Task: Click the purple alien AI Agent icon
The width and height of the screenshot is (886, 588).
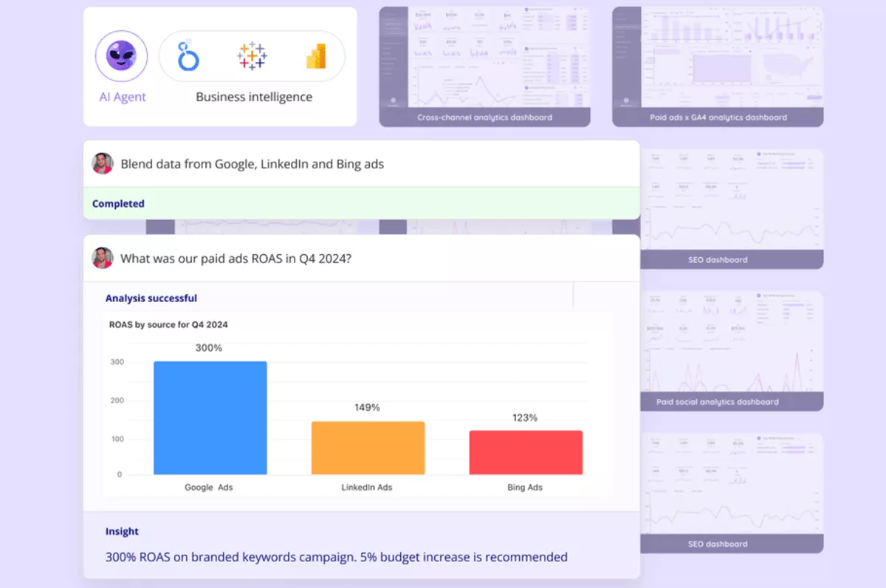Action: (x=121, y=56)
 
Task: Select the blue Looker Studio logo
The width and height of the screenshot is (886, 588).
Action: (x=189, y=56)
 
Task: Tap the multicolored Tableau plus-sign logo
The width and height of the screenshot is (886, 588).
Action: (x=252, y=56)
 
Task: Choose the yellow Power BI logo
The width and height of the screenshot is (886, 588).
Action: (x=315, y=56)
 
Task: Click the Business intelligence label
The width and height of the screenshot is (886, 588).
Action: (x=253, y=97)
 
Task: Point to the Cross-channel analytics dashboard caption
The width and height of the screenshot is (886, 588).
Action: (x=484, y=117)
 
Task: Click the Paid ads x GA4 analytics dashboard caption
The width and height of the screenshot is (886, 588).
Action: (x=718, y=117)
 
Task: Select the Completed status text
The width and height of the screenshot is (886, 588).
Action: (x=118, y=203)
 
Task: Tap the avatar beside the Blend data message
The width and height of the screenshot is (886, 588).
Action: (x=103, y=163)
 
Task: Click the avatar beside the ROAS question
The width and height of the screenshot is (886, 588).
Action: (x=103, y=258)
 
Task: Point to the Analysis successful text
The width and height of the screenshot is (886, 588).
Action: (x=151, y=298)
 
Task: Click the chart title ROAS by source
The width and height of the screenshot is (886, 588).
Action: (x=168, y=324)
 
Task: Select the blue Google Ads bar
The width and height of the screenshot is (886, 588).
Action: (x=210, y=417)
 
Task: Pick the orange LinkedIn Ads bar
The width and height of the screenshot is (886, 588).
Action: (x=368, y=448)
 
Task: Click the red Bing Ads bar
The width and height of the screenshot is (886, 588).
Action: (x=526, y=452)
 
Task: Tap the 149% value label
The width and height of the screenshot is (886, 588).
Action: (x=367, y=407)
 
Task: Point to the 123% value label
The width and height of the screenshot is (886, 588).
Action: (x=525, y=417)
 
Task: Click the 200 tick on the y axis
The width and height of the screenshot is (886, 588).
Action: (x=117, y=401)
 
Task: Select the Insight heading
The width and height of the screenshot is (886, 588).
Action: (x=122, y=531)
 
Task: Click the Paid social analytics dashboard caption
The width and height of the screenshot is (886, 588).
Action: (x=718, y=402)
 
